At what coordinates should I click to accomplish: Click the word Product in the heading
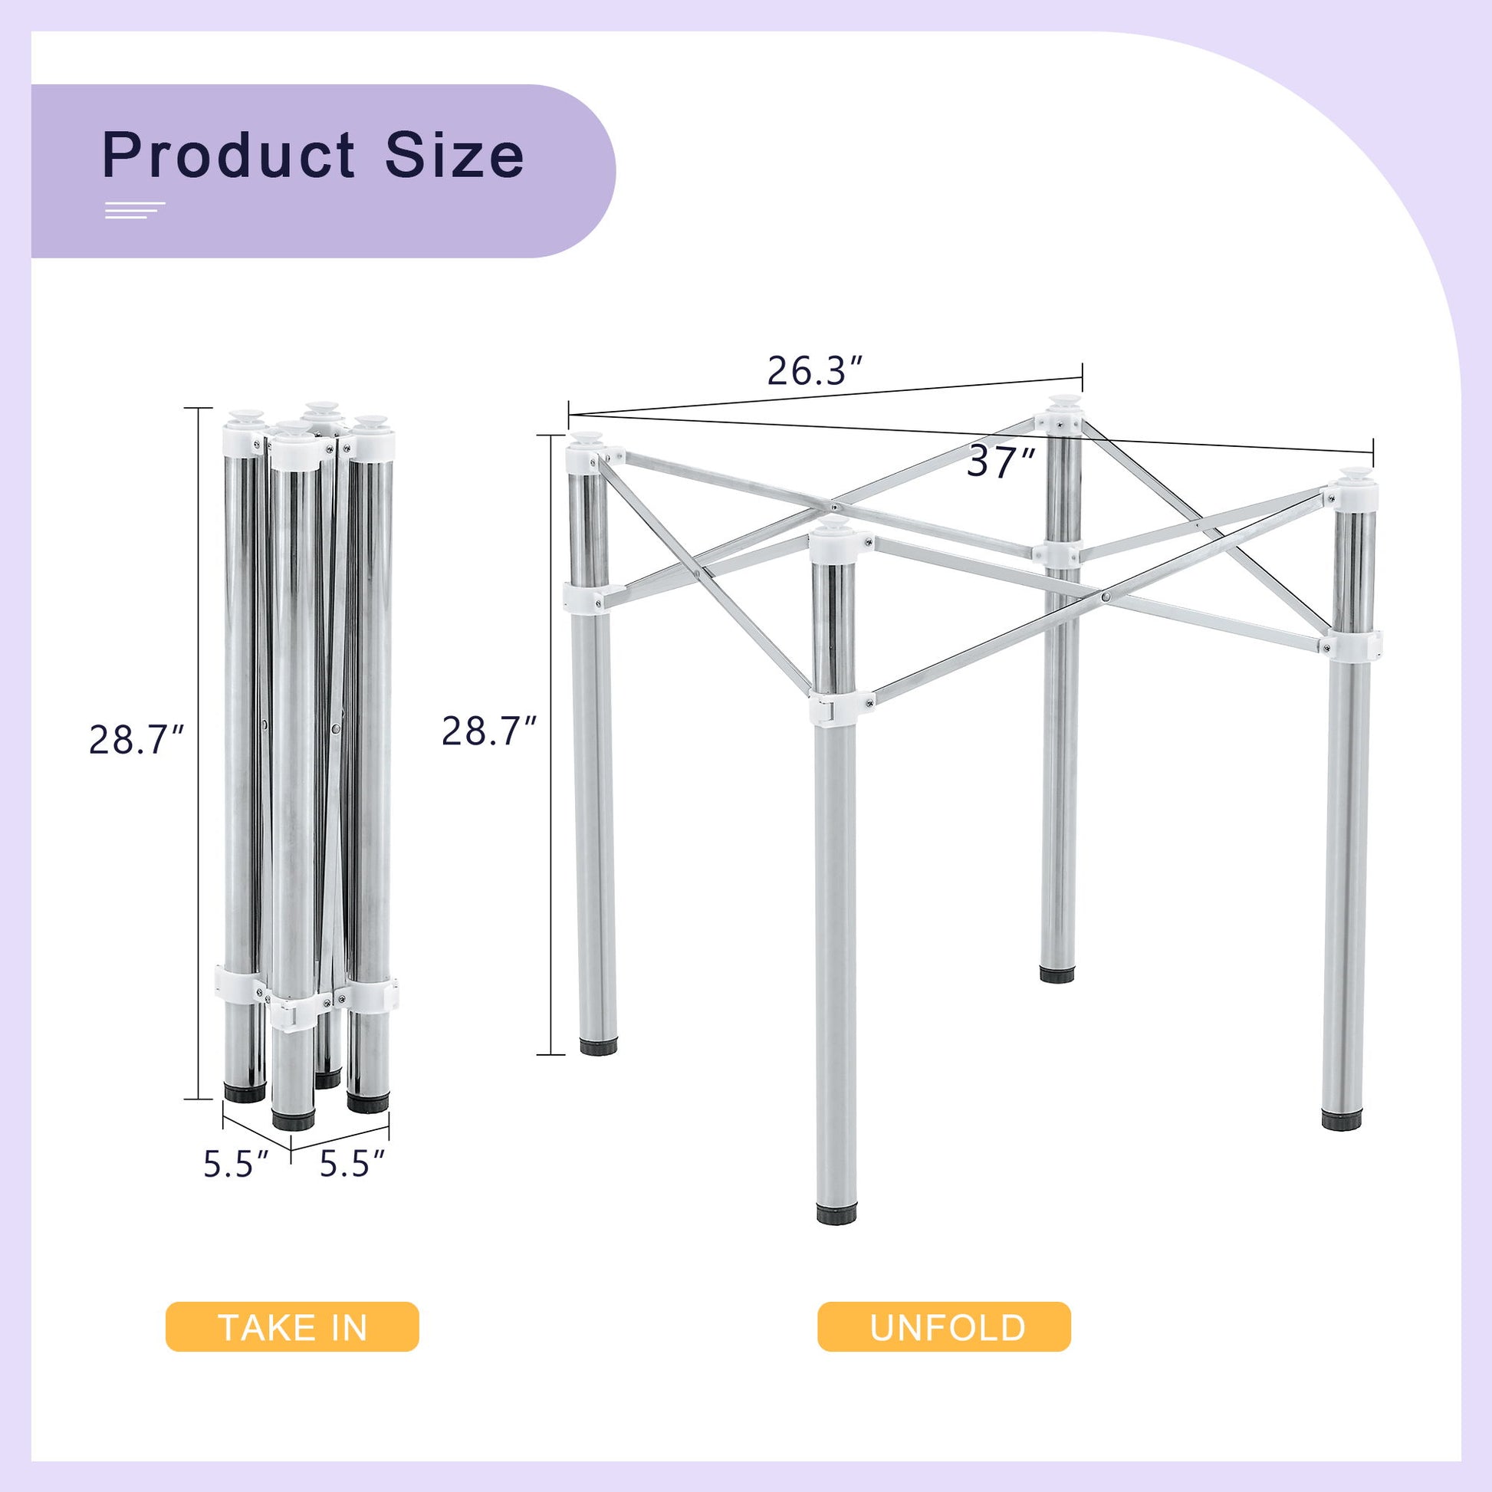[x=228, y=156]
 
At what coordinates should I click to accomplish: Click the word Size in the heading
[x=455, y=156]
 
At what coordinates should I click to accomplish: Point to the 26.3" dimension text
[x=814, y=371]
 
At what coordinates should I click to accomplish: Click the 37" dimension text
[x=1001, y=463]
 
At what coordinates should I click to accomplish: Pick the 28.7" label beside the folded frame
[x=136, y=740]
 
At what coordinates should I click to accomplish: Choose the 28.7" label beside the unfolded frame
[x=489, y=731]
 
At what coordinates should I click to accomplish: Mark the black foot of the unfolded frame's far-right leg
[x=1343, y=1121]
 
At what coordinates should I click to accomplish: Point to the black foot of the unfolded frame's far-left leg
[x=599, y=1047]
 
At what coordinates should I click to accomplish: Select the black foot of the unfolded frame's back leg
[x=1057, y=974]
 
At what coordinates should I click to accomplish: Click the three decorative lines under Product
[x=135, y=211]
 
